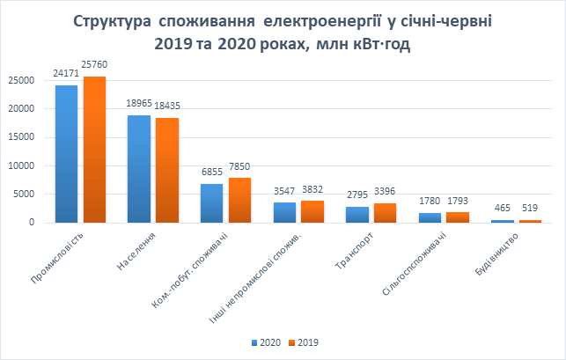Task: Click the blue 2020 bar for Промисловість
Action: click(x=66, y=154)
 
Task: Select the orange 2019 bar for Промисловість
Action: click(x=94, y=150)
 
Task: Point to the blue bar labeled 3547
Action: click(x=284, y=212)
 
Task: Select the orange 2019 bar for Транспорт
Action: click(x=385, y=212)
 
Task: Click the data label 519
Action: click(x=530, y=208)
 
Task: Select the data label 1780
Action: click(x=429, y=202)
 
